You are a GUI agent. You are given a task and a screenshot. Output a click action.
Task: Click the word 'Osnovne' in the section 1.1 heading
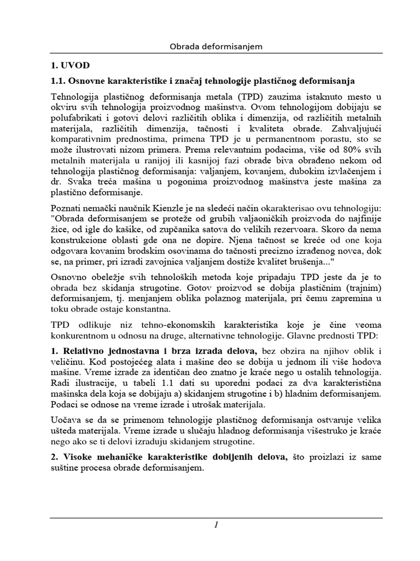pyautogui.click(x=88, y=81)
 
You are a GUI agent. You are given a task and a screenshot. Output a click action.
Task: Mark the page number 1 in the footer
pyautogui.click(x=217, y=525)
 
